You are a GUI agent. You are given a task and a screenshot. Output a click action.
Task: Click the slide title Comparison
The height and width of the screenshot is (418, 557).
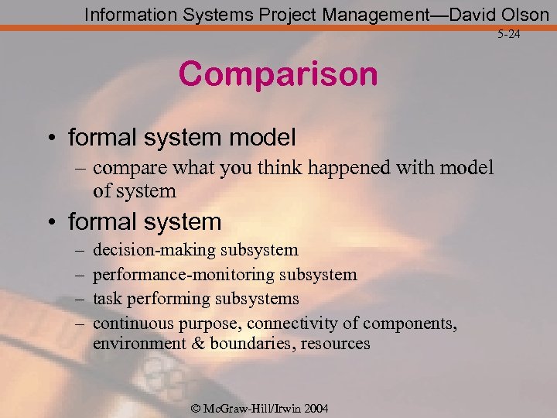tap(278, 74)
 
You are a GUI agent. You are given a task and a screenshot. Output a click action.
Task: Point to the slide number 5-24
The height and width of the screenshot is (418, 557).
tap(511, 35)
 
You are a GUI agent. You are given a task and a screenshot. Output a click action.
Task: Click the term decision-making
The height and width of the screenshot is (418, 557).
tap(154, 250)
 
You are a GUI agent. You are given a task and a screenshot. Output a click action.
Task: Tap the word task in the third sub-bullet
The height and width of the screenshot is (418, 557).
tap(107, 298)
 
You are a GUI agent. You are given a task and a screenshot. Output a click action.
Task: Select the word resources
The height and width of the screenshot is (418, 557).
tap(336, 343)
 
